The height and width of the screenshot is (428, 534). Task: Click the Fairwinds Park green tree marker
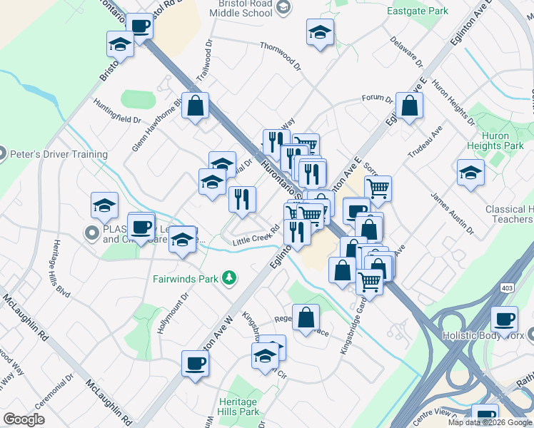(x=229, y=277)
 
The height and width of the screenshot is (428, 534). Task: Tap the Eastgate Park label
(x=418, y=11)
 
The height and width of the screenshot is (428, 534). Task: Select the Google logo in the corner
(x=24, y=419)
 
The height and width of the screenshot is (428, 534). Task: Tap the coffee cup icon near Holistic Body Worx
(x=505, y=318)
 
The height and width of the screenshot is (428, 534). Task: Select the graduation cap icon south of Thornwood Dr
(x=320, y=31)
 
